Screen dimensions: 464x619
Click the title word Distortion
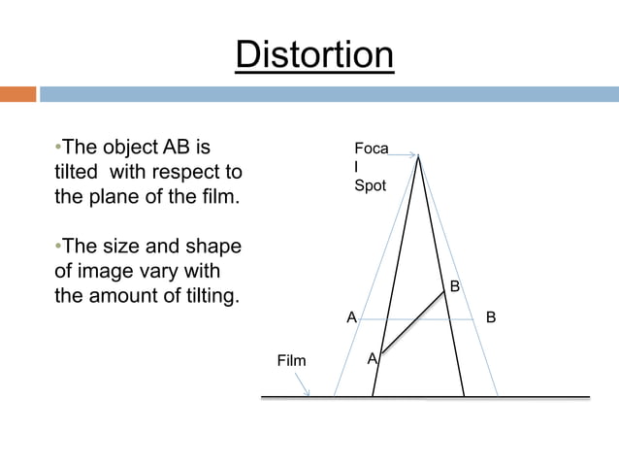tap(314, 54)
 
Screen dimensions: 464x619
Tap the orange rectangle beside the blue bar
tap(17, 94)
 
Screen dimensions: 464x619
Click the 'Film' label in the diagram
tap(291, 361)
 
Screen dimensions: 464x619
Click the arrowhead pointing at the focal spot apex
tap(411, 153)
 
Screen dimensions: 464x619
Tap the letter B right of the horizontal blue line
tap(490, 317)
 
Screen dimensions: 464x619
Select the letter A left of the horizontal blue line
tap(351, 317)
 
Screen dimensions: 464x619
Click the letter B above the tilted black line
tap(453, 286)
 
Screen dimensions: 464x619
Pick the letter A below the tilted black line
tap(372, 360)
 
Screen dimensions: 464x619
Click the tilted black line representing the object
tap(412, 323)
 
